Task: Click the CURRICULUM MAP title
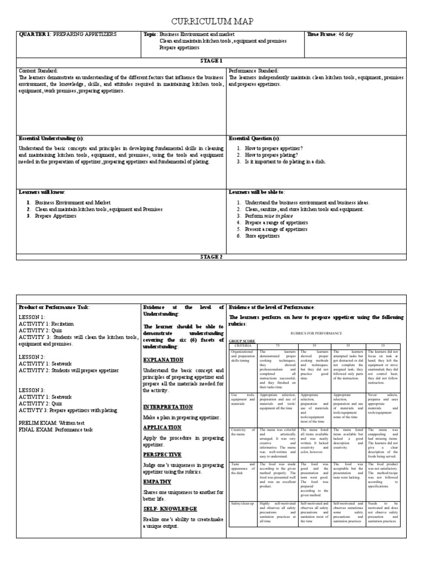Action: (212, 21)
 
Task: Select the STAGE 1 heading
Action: (212, 61)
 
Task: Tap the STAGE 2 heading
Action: (212, 256)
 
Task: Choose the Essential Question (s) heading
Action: (254, 138)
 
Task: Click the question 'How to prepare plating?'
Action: (268, 155)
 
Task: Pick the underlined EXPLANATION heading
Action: (162, 359)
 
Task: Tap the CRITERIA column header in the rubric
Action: (242, 345)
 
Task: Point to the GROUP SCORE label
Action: (242, 341)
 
